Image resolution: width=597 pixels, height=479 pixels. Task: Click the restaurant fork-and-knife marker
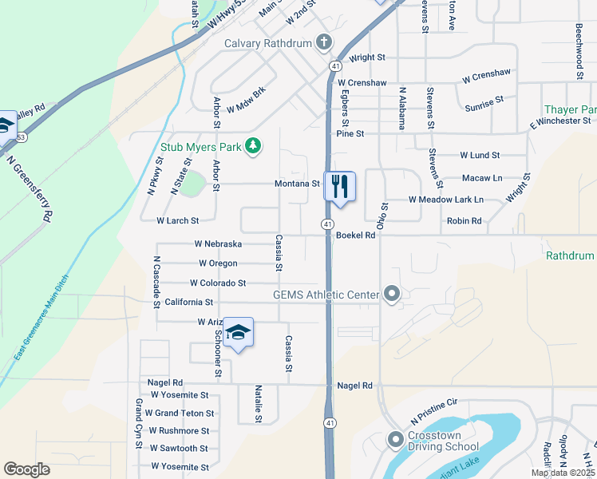(x=340, y=187)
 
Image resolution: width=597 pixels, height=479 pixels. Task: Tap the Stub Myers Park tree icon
(x=253, y=145)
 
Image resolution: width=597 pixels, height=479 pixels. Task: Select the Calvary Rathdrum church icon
(x=323, y=42)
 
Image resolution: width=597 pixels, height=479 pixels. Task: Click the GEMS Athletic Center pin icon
(x=391, y=295)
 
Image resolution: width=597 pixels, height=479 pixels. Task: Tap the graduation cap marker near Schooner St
(x=237, y=331)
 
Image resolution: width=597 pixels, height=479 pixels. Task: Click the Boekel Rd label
(x=356, y=236)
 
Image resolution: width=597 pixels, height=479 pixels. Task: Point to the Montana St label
(x=298, y=183)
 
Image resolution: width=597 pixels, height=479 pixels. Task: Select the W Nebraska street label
(x=218, y=243)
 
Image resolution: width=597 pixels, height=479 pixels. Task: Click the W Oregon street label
(x=218, y=263)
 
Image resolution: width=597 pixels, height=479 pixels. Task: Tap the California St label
(x=189, y=303)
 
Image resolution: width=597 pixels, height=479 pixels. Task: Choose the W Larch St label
(x=177, y=220)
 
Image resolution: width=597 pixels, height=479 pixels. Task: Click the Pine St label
(x=350, y=134)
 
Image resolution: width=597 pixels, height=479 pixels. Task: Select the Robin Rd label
(x=465, y=220)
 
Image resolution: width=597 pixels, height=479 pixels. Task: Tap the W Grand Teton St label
(x=180, y=413)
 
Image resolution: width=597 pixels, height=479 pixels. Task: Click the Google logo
(x=26, y=469)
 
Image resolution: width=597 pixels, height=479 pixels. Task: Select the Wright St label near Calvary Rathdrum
(x=367, y=57)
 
